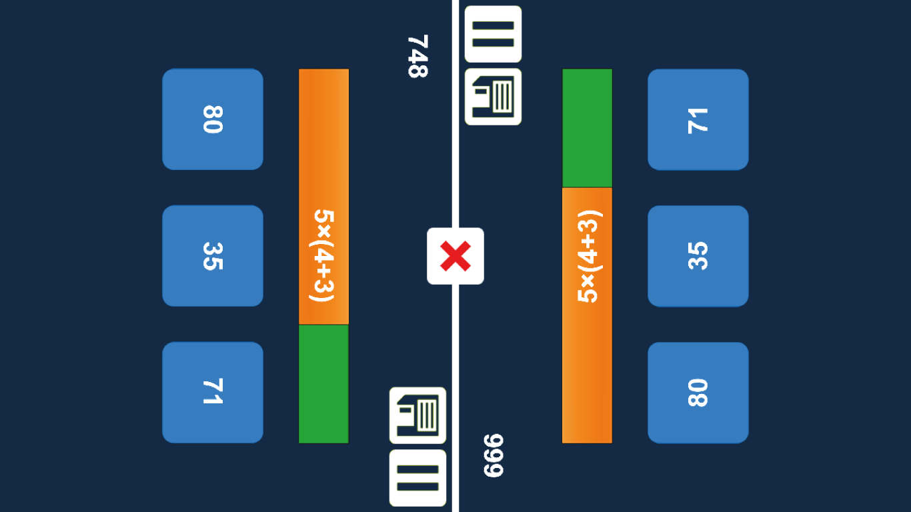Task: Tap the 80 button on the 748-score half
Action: pos(212,119)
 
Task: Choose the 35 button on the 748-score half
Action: pos(212,256)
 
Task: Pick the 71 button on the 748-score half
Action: pos(212,392)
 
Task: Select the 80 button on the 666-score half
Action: pos(698,392)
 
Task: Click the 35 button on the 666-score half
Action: pos(698,256)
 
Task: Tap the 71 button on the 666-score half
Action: pos(698,119)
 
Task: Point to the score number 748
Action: pos(417,56)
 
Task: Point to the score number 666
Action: pos(494,456)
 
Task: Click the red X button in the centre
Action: pos(455,256)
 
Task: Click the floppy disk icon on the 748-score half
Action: pos(417,415)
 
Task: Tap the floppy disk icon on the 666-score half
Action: pos(493,97)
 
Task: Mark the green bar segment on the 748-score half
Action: pos(323,383)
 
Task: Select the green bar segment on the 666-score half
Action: pos(587,128)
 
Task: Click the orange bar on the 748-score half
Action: pos(323,133)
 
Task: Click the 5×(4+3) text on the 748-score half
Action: pos(323,256)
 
